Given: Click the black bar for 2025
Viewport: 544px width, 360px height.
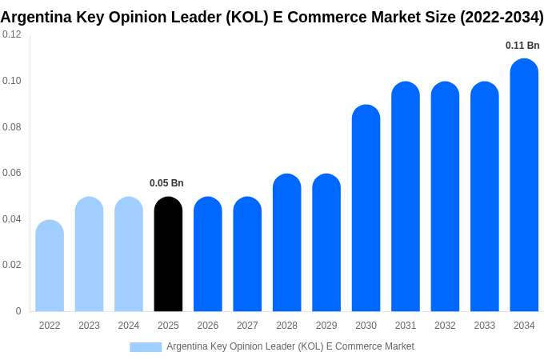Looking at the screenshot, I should click(x=168, y=254).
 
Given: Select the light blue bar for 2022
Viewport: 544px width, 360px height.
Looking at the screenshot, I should click(x=50, y=266).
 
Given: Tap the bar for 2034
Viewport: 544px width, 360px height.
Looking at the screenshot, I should click(x=524, y=186).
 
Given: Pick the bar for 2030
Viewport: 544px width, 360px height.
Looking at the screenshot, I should click(x=366, y=208).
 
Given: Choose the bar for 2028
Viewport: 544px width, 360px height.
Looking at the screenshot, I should click(x=286, y=242).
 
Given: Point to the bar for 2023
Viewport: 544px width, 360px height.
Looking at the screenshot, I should click(x=89, y=254).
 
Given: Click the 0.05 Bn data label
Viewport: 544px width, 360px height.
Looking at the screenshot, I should click(x=166, y=183).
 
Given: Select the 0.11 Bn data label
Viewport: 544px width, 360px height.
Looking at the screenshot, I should click(x=522, y=46).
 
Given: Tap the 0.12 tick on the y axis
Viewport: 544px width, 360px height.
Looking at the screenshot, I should click(x=12, y=34).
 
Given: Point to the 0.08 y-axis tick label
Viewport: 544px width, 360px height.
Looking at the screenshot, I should click(x=12, y=126).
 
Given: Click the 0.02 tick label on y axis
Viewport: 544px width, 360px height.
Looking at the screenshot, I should click(x=12, y=265).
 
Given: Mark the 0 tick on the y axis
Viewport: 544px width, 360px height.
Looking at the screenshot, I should click(x=18, y=311).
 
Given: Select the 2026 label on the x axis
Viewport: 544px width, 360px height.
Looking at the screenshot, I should click(x=208, y=326).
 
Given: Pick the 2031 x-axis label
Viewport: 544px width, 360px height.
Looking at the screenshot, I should click(x=406, y=326).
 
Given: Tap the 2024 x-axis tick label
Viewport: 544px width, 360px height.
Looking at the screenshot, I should click(x=129, y=326).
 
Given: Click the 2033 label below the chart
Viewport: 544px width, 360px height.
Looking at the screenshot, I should click(x=485, y=326).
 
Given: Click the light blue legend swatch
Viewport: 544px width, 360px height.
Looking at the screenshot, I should click(x=146, y=347).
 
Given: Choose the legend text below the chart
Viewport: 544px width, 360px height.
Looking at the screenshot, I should click(x=290, y=346).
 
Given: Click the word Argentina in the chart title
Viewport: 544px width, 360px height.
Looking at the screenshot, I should click(x=37, y=17).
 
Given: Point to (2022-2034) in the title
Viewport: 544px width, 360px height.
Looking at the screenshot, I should click(x=502, y=17).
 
